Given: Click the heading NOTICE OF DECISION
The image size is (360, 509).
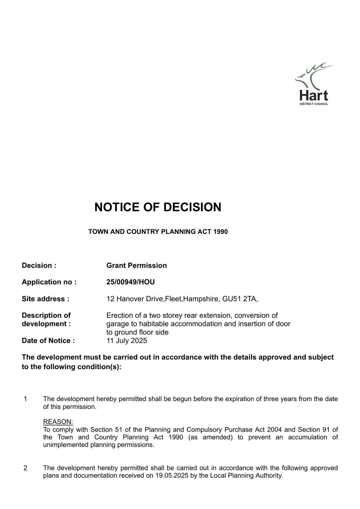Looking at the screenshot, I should coord(158,207).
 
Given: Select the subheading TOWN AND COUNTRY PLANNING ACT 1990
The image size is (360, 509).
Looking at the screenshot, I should coord(158,232).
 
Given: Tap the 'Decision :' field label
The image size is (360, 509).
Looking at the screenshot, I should coord(39,266).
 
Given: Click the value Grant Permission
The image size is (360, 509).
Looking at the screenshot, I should coord(136,266).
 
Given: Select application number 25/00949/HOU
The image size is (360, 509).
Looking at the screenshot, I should coord(130,282).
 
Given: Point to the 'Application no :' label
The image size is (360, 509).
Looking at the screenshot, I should coord(49,282).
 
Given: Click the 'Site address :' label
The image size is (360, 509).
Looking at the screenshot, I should coord(45,299).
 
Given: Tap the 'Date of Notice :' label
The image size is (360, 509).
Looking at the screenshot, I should coord(48,341).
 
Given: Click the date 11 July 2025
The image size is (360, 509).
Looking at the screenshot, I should coord(127,341).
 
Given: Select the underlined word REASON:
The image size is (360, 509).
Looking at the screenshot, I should coord(58,422).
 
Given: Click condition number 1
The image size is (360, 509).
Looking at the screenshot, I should coord(25,399).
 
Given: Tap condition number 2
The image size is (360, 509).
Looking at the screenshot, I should coord(25,468).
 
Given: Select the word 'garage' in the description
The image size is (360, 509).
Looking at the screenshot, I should coord(116,324).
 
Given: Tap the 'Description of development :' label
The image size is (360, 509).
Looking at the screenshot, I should coord(46,320).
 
